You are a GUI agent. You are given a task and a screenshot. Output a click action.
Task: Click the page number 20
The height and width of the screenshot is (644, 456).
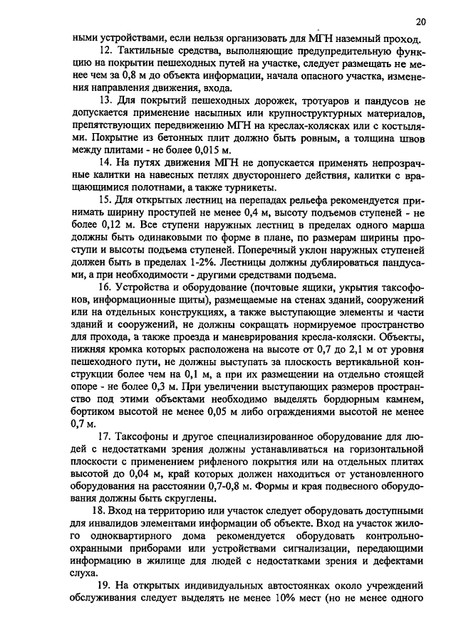pyautogui.click(x=421, y=22)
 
